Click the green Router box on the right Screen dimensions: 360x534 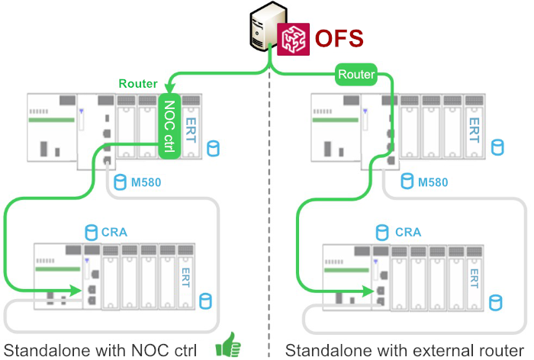click(356, 74)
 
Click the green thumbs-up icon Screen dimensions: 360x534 click(228, 348)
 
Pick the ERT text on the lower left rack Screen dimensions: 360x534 click(185, 277)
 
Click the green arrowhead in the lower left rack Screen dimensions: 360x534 click(76, 290)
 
